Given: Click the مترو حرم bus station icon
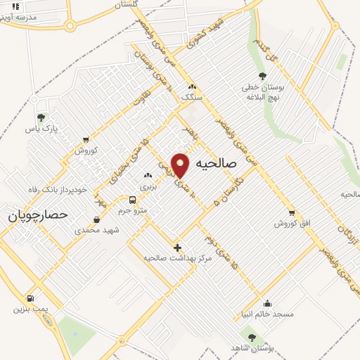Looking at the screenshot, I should click(132, 200).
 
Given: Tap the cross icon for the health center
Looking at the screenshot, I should click(177, 247).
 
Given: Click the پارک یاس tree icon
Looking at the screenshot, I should click(40, 118).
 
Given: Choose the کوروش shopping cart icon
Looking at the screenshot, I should click(86, 140).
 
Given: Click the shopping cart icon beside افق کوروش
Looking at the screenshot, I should click(292, 212).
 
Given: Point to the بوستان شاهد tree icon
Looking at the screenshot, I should click(252, 338).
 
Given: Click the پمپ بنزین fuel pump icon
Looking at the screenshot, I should click(30, 298).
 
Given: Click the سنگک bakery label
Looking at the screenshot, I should click(191, 96).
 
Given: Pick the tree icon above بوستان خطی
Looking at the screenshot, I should click(262, 77).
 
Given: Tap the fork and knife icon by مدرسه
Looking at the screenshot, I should click(15, 6).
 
